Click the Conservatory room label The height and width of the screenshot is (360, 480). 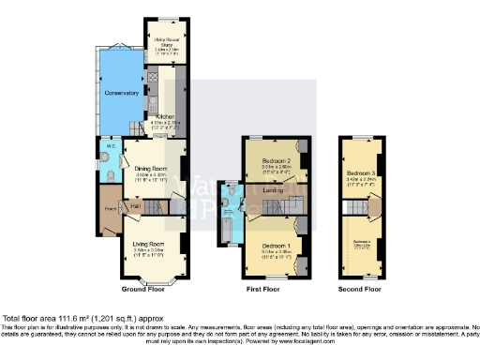[123, 94]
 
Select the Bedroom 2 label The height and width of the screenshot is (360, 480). [274, 163]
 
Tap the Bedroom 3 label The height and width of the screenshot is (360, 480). [361, 174]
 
